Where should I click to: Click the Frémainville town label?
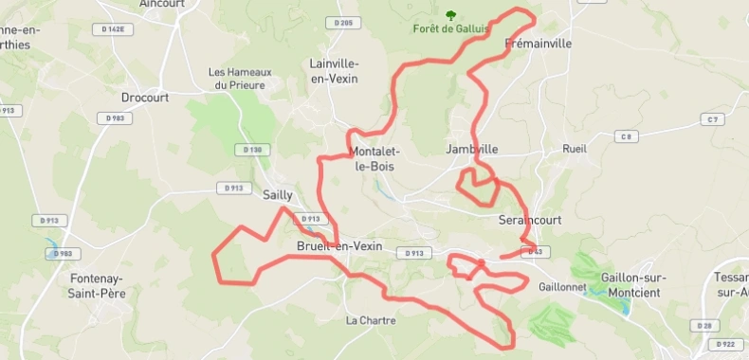pyautogui.click(x=539, y=44)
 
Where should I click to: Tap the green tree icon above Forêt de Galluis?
pyautogui.click(x=450, y=15)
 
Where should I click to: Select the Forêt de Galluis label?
pyautogui.click(x=451, y=28)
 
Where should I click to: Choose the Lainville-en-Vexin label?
pyautogui.click(x=334, y=71)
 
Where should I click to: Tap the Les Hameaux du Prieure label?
pyautogui.click(x=240, y=79)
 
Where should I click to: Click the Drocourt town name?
pyautogui.click(x=144, y=97)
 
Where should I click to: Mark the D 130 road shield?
pyautogui.click(x=251, y=149)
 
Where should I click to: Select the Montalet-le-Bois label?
pyautogui.click(x=374, y=158)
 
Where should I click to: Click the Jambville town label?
pyautogui.click(x=471, y=149)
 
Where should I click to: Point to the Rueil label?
pyautogui.click(x=575, y=149)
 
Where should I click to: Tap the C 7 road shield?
pyautogui.click(x=712, y=118)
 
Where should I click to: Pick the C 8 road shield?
pyautogui.click(x=624, y=136)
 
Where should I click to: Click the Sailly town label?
pyautogui.click(x=277, y=195)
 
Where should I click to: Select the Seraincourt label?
pyautogui.click(x=530, y=220)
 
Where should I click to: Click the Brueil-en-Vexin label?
pyautogui.click(x=339, y=245)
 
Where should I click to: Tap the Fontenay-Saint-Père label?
pyautogui.click(x=99, y=285)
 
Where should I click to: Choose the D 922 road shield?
pyautogui.click(x=726, y=344)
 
